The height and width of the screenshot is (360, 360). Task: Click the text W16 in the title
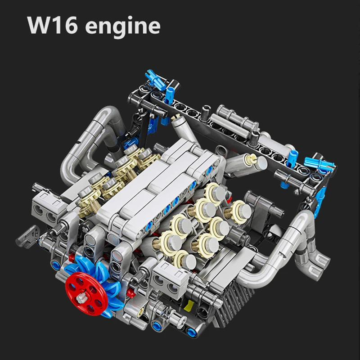(x=52, y=25)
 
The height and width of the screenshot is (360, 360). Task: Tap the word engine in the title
(x=123, y=27)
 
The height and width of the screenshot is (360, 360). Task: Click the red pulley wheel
(x=86, y=294)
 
